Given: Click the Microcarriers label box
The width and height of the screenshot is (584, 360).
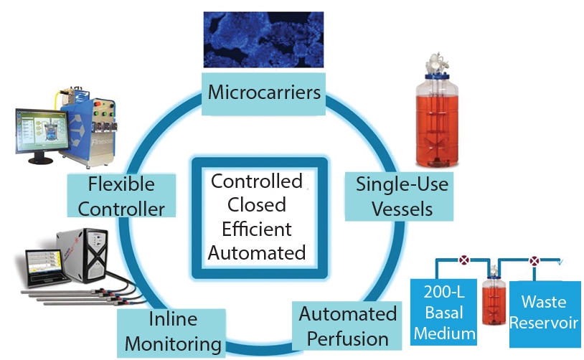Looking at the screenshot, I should click(x=263, y=93).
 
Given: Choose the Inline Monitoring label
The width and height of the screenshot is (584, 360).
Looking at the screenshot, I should click(x=171, y=332).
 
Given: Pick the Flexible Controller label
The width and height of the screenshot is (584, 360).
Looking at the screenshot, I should click(x=121, y=196).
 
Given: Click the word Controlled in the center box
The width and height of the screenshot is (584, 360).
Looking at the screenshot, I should click(x=256, y=181).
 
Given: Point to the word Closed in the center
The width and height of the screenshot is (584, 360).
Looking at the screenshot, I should click(x=256, y=205).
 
